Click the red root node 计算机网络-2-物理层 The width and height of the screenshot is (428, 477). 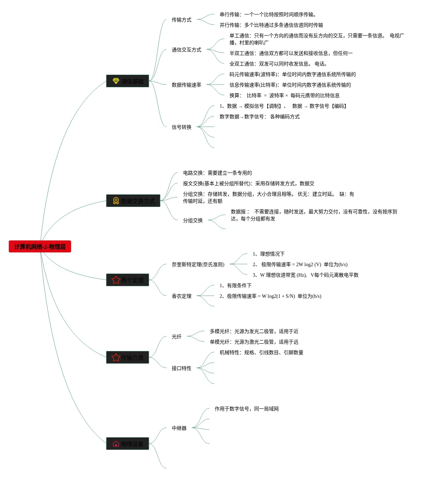tap(40, 246)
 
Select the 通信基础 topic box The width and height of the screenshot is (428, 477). tap(127, 81)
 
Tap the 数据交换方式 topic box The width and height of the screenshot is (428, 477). tap(133, 201)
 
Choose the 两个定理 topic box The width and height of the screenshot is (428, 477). tap(127, 280)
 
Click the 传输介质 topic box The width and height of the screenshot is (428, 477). tap(127, 357)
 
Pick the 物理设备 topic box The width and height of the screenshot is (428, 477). tap(127, 444)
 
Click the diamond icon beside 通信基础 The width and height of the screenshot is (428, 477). tap(116, 81)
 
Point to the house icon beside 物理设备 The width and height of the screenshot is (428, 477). tap(116, 444)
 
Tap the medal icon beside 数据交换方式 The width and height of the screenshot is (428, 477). tap(116, 201)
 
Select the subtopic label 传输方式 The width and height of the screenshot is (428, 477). tap(181, 20)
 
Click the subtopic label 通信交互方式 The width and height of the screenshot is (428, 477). tap(186, 50)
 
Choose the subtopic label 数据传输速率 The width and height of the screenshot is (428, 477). tap(186, 85)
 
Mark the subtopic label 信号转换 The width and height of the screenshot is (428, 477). tap(181, 127)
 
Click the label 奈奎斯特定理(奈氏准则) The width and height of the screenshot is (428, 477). tap(198, 264)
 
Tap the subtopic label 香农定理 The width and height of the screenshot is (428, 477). tap(181, 296)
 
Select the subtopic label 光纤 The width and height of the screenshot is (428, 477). tap(176, 337)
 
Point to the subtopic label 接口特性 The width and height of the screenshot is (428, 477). tap(181, 368)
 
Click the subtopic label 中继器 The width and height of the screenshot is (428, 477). tap(179, 428)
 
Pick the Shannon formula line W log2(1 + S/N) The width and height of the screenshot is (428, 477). tap(270, 296)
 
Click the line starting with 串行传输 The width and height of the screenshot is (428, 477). tap(267, 14)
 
